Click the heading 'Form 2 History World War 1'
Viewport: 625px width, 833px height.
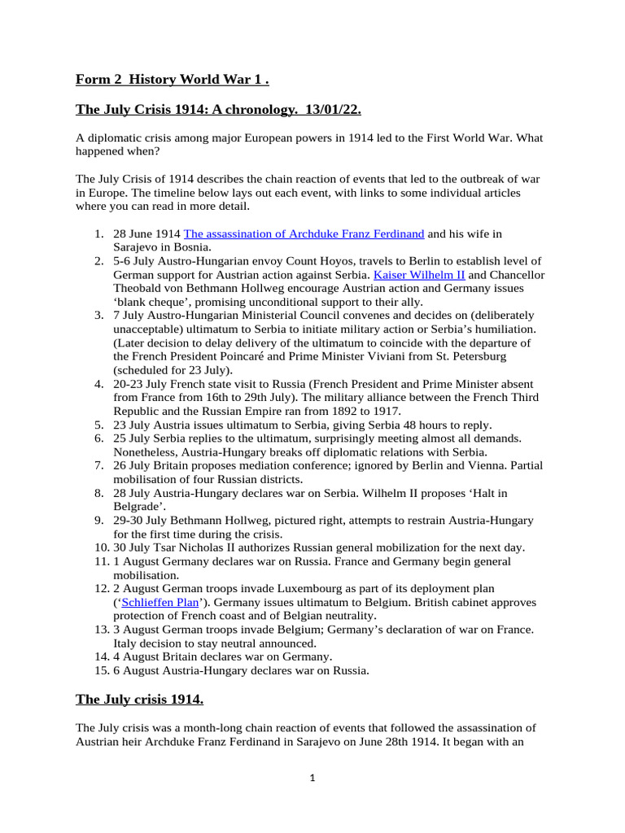click(x=172, y=79)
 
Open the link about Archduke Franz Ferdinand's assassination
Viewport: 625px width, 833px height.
click(x=304, y=233)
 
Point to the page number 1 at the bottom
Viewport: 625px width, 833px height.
click(x=312, y=778)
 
